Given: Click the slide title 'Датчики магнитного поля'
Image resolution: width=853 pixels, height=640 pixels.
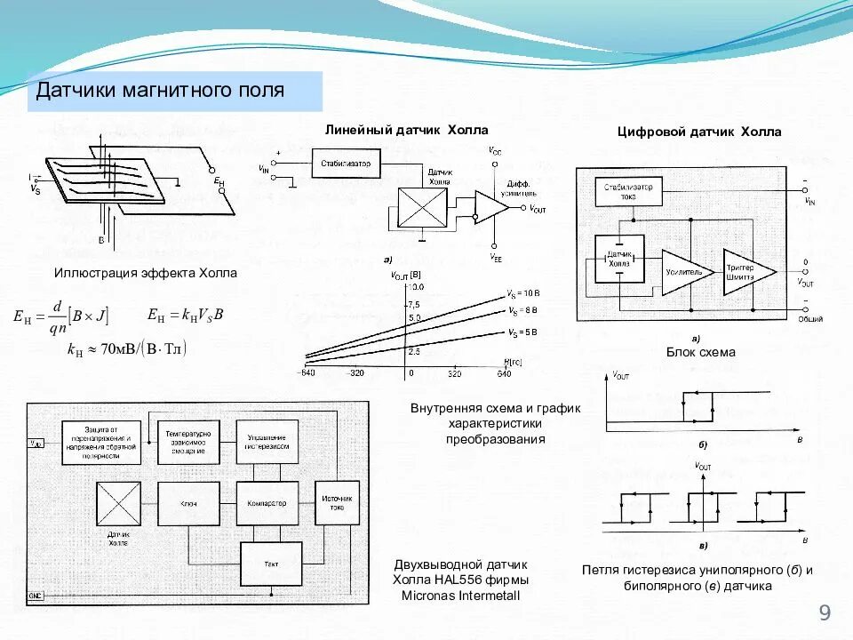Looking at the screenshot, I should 160,91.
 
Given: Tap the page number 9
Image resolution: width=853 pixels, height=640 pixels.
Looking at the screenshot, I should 825,612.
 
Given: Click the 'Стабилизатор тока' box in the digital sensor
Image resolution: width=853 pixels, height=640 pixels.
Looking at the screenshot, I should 627,192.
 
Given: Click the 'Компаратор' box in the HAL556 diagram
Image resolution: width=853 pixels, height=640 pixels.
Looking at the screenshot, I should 267,503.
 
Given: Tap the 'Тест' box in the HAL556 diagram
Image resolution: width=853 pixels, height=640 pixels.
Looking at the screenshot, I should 271,564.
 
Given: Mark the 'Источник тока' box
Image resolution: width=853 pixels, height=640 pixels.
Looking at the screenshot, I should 338,503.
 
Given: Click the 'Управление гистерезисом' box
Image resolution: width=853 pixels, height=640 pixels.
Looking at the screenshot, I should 267,442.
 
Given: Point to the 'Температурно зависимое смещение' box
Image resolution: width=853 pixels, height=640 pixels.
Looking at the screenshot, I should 187,442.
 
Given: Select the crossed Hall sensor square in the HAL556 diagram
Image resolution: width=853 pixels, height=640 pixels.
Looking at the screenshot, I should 118,504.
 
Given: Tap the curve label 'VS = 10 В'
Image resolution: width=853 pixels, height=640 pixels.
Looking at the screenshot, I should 523,293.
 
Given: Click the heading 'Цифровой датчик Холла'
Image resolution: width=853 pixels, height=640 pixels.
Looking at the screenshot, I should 699,132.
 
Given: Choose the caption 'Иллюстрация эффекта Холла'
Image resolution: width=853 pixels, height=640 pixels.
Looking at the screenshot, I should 146,273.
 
